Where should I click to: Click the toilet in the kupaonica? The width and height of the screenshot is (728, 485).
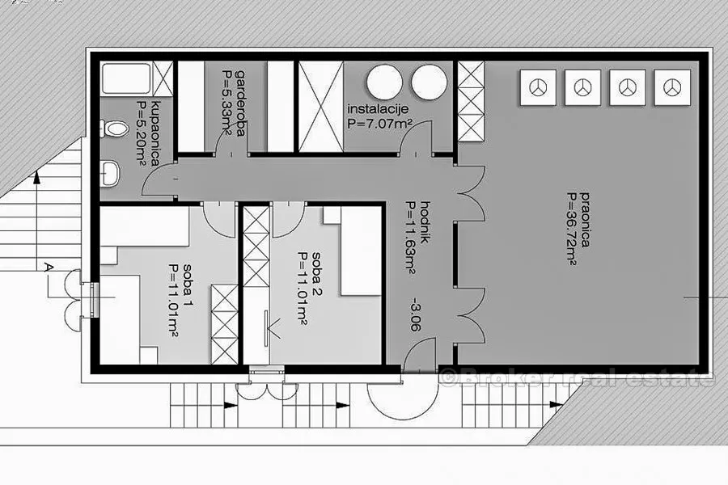click(114, 129)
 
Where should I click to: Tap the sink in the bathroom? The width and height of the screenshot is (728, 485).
click(110, 173)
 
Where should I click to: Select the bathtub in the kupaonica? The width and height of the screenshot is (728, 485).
click(125, 78)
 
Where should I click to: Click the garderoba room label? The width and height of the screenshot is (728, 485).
click(240, 103)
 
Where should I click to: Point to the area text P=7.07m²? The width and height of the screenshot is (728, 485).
click(380, 124)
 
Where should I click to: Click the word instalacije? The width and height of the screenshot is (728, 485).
click(378, 110)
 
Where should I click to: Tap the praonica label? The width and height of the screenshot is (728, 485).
click(585, 219)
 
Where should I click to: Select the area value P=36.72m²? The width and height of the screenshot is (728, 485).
click(572, 228)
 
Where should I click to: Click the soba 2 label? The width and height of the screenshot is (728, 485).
click(316, 274)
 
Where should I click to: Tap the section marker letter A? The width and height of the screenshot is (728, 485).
click(49, 268)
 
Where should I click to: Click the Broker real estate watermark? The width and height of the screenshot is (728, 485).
click(577, 377)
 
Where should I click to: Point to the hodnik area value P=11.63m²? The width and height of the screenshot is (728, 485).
click(410, 237)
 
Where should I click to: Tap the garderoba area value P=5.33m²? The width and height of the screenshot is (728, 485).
click(228, 103)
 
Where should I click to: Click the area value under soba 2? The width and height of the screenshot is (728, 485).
click(303, 289)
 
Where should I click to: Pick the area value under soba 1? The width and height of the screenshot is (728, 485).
click(175, 300)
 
